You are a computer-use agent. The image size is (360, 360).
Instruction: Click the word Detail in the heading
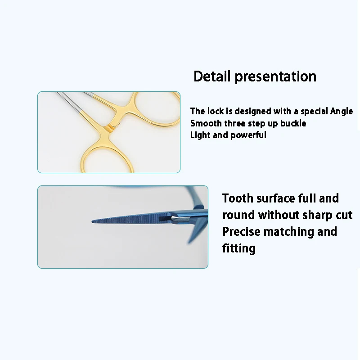click(x=211, y=76)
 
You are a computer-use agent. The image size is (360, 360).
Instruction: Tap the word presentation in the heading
click(x=275, y=77)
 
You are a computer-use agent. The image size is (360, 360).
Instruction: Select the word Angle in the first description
click(x=342, y=112)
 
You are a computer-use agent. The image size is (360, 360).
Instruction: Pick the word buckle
click(x=293, y=123)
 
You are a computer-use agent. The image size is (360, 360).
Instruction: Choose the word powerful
click(x=248, y=135)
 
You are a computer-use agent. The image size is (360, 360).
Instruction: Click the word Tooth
click(x=238, y=198)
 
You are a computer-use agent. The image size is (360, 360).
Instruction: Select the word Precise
click(x=242, y=231)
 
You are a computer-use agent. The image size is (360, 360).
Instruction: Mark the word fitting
click(x=239, y=248)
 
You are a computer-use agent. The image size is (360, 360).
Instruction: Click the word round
click(x=239, y=215)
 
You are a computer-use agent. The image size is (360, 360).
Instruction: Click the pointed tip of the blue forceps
click(x=92, y=221)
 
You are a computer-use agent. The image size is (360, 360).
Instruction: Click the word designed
click(x=253, y=112)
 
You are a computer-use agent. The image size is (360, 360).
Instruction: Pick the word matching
click(x=289, y=232)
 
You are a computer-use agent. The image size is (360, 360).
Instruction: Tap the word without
click(x=279, y=215)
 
